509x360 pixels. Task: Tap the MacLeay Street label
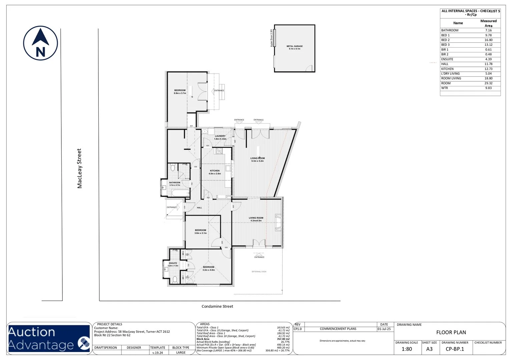pos(79,168)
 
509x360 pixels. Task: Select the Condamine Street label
pos(217,306)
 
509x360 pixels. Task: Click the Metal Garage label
pos(295,47)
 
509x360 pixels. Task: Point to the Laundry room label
pos(220,137)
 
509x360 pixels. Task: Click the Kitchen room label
pos(215,172)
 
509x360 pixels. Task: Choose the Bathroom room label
pos(174,184)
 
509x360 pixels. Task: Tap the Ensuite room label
pos(173,264)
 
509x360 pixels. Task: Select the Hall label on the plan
pos(199,208)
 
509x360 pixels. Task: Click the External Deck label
pos(259,272)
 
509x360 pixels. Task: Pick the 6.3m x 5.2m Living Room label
pos(258,159)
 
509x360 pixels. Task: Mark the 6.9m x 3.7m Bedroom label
pos(180,92)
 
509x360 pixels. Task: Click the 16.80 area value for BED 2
pos(488,40)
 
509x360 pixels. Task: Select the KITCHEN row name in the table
pos(447,69)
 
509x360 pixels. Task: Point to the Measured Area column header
pos(488,23)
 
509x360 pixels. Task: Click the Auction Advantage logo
pos(49,338)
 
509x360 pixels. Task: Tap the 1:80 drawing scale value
pos(407,349)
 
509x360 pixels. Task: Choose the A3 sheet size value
pos(429,349)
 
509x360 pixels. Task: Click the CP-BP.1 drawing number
pos(455,349)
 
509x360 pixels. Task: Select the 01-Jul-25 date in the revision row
pos(384,329)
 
